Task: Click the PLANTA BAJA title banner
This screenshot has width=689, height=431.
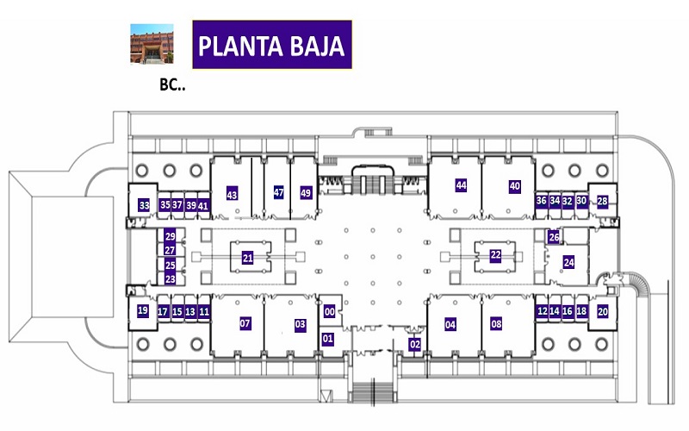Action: pos(272,45)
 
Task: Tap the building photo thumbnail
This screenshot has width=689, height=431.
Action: pos(152,44)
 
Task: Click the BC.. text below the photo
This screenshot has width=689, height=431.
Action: pos(172,84)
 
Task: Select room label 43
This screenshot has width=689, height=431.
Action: pos(232,194)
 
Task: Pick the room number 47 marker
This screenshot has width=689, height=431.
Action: pos(278,192)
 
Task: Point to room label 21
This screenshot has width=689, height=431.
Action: pos(248,258)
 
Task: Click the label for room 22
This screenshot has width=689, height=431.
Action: pos(496,255)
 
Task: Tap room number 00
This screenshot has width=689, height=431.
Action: pos(330,312)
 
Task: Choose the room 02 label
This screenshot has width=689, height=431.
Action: pos(415,344)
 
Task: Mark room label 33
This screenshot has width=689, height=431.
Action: pos(144,205)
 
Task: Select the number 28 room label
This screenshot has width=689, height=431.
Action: pos(602,202)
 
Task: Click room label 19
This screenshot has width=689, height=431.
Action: pos(142,310)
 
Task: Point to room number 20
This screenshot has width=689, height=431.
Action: pos(602,311)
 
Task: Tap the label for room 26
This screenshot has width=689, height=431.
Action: pos(554,237)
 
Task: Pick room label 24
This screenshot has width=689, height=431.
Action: pos(568,263)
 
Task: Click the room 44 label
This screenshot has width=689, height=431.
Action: pos(461,185)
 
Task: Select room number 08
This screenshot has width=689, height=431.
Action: pos(496,324)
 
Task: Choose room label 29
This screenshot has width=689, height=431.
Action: pos(170,236)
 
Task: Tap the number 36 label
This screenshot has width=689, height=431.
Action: pos(542,201)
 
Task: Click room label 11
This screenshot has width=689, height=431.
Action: pos(204,312)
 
